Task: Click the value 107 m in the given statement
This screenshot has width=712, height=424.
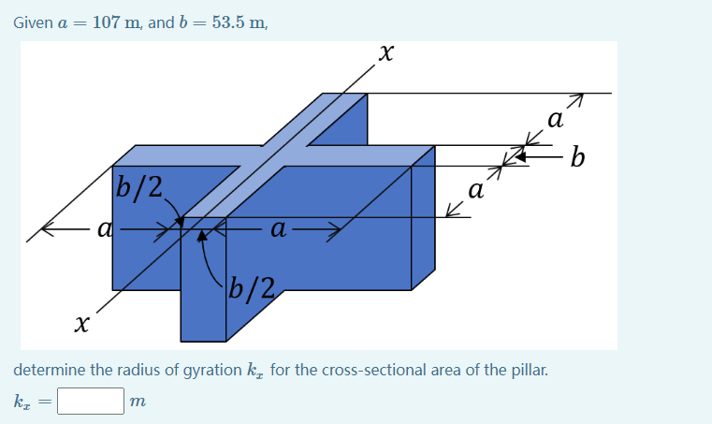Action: (117, 22)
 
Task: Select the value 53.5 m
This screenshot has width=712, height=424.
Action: (239, 22)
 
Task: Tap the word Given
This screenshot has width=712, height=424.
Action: (33, 22)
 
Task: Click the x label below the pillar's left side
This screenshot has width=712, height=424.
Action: (82, 324)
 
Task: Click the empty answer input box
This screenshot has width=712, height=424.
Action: (91, 402)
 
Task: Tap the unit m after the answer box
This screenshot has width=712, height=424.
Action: (138, 402)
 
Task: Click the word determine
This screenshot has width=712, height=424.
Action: (51, 370)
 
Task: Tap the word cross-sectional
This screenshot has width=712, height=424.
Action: (371, 370)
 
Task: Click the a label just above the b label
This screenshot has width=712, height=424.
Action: (556, 120)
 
